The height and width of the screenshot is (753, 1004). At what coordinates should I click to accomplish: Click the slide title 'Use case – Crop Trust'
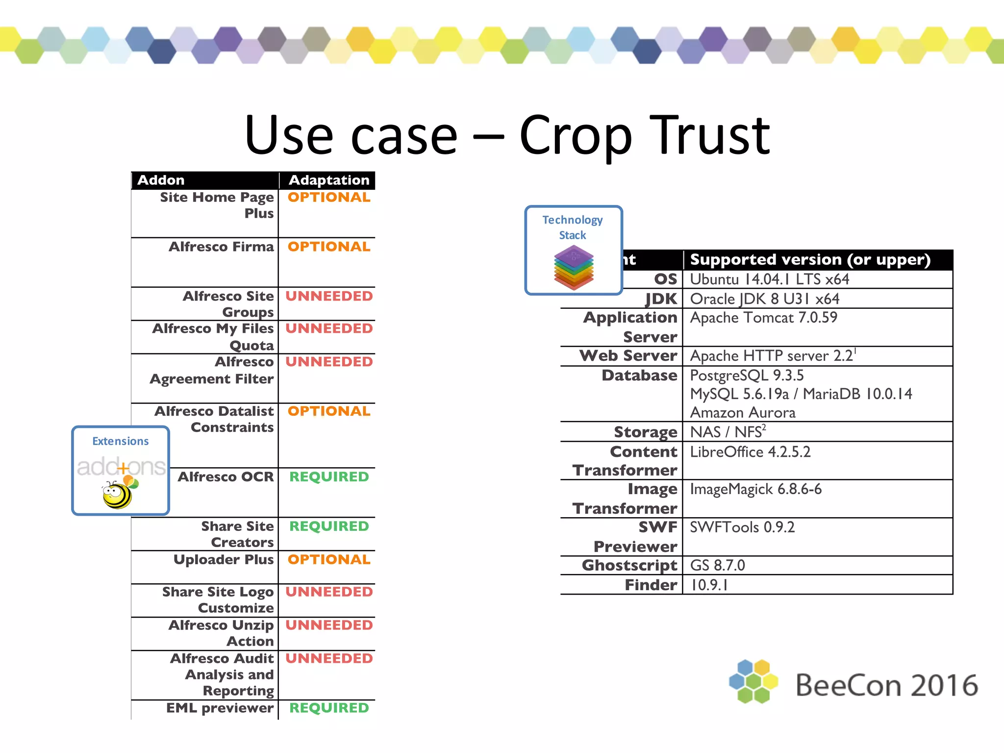[x=507, y=135]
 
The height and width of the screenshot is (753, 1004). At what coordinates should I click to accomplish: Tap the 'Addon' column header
[x=161, y=180]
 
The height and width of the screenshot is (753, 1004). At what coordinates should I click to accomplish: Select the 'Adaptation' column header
[x=328, y=180]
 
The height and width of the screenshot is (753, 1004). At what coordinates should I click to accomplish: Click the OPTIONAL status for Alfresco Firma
[x=328, y=247]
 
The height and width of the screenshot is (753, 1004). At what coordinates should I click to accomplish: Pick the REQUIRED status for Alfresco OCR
[x=328, y=477]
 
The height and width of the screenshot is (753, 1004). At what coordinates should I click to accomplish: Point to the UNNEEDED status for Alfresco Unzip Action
[x=328, y=625]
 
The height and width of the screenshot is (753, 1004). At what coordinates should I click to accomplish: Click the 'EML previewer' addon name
[x=220, y=708]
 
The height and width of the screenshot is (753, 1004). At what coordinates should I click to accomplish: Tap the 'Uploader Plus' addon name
[x=224, y=559]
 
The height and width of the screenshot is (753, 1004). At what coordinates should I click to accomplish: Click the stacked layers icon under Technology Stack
[x=574, y=267]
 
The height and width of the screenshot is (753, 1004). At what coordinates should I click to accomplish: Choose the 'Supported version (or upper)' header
[x=810, y=260]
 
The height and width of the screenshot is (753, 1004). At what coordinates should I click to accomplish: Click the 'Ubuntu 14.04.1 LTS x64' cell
[x=769, y=279]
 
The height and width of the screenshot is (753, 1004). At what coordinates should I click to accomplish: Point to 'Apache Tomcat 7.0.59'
[x=763, y=318]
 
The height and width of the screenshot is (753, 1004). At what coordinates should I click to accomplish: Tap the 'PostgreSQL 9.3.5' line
[x=747, y=376]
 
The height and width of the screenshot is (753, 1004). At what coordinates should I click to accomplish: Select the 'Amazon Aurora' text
[x=743, y=413]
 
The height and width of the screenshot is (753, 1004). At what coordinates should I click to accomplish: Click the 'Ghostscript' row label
[x=629, y=565]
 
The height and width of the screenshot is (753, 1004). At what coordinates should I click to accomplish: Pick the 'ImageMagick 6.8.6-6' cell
[x=755, y=489]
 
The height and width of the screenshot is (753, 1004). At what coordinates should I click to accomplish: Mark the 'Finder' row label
[x=651, y=585]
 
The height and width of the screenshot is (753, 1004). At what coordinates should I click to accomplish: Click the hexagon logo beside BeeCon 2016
[x=753, y=681]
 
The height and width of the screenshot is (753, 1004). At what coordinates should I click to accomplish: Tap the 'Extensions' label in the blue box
[x=121, y=441]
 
